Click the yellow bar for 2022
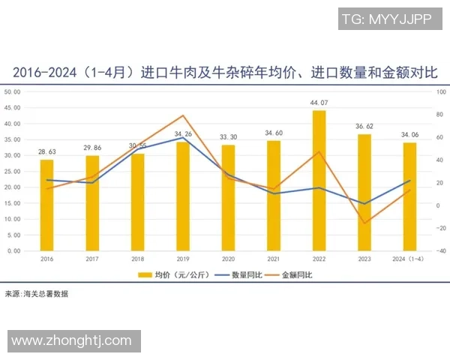coord(319,181)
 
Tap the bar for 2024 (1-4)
coord(409,196)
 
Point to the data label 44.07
coord(319,103)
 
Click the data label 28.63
coord(46,151)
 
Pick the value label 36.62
coord(364,127)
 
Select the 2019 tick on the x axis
coord(183,258)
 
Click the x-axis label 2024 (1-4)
coord(409,258)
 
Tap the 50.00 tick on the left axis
coord(13,92)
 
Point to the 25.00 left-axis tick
coord(13,172)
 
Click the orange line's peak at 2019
coord(183,115)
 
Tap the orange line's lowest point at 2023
coord(364,223)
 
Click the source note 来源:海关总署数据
coord(36,294)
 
